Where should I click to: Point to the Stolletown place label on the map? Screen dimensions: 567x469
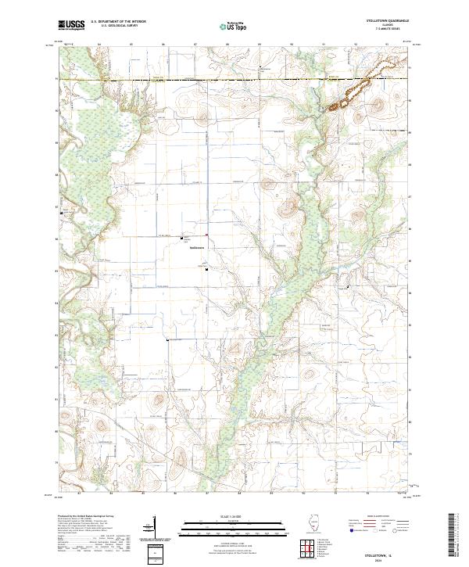[x=196, y=249]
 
